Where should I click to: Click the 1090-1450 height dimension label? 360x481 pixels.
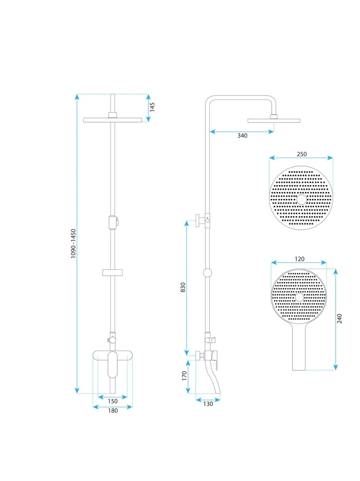coord(73,243)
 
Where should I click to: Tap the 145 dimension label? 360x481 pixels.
coord(152,107)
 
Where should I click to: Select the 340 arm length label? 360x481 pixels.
coord(242,136)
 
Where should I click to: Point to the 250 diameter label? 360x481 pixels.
coord(301,154)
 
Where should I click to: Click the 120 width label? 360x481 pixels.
coord(300,259)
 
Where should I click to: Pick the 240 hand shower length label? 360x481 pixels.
coord(339,319)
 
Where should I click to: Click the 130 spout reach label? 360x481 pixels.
coord(208,404)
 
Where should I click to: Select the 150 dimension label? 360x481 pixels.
coord(113,401)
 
